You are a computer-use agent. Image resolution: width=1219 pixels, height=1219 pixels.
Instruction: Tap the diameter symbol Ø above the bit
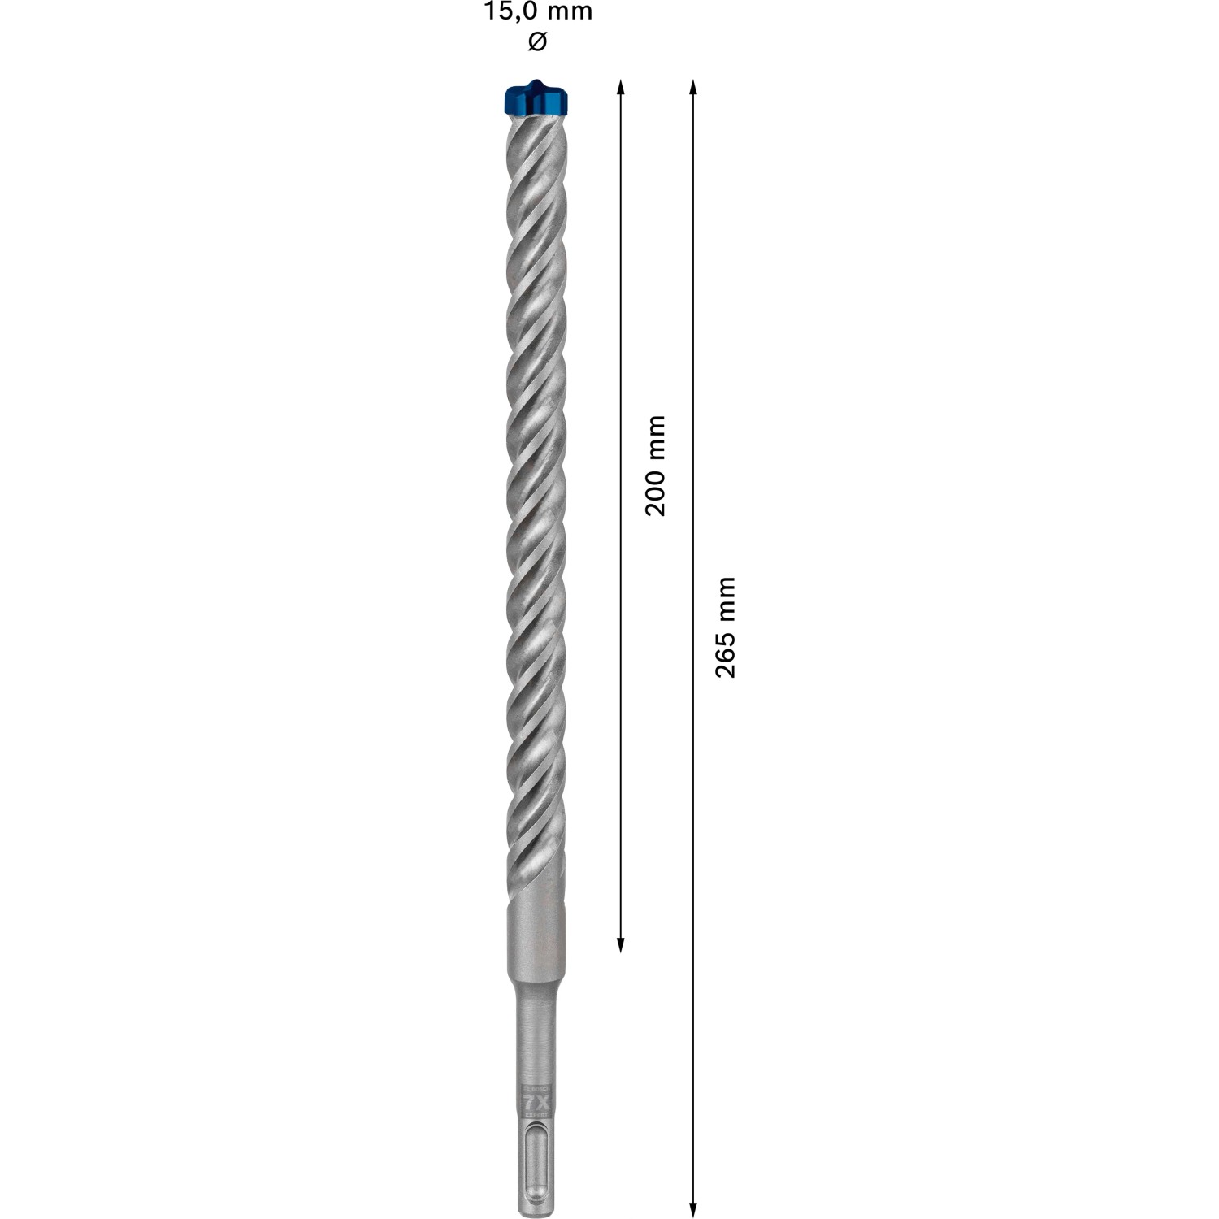click(x=537, y=41)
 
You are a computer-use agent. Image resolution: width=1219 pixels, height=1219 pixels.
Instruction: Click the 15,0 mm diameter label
click(x=537, y=12)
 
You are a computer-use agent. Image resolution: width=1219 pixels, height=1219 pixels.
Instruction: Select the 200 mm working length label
click(x=655, y=466)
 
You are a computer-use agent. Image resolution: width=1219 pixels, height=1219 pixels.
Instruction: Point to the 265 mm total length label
click(x=725, y=627)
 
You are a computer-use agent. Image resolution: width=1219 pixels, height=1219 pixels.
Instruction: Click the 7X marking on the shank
click(x=536, y=1103)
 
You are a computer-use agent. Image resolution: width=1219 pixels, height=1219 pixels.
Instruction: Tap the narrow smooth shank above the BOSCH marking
click(x=536, y=1032)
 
